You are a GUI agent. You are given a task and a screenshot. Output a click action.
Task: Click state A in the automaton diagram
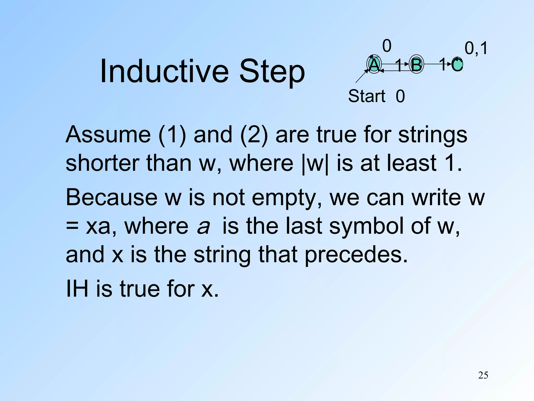(374, 64)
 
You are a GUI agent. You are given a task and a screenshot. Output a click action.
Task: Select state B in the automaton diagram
(416, 64)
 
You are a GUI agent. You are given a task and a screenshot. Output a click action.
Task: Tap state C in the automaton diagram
(457, 64)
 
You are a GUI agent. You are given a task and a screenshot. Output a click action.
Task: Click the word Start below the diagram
(367, 96)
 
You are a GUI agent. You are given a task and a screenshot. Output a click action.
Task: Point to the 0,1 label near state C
(476, 49)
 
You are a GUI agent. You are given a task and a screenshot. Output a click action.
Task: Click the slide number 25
(483, 375)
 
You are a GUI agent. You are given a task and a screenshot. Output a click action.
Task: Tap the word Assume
(108, 135)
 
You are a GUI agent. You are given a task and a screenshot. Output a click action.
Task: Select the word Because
(112, 197)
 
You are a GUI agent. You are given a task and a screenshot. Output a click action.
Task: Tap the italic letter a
(203, 226)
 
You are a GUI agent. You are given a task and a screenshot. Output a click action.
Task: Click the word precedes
(356, 254)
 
